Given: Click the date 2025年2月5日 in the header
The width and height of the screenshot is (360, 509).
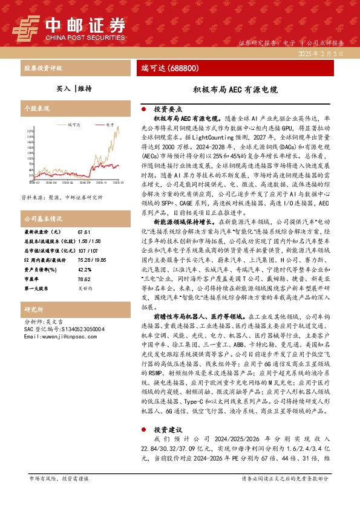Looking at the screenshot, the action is point(326,54).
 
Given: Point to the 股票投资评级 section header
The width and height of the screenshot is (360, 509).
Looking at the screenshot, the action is point(42,68).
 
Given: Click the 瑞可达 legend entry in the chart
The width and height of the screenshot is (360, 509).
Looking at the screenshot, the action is point(75,124).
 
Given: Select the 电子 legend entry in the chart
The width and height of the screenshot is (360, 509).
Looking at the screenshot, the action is point(110,124).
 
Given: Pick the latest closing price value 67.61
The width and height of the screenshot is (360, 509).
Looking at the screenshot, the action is point(83,232).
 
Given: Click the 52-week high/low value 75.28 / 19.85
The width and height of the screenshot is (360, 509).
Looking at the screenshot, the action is point(91,259).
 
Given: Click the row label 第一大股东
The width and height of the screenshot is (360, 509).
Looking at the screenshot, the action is point(38,289).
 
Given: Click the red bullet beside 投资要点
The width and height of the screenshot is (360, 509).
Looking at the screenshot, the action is point(143,109).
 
